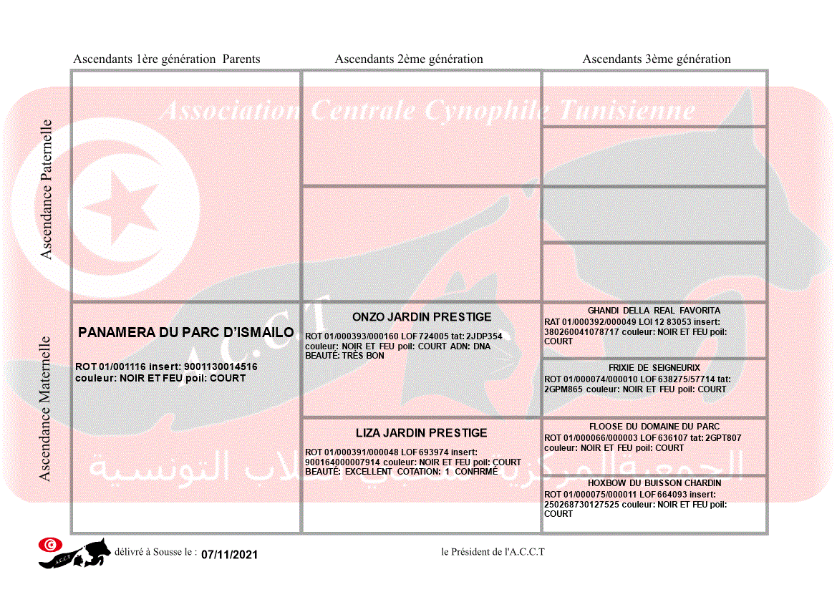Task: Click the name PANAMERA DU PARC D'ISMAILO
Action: coord(185,333)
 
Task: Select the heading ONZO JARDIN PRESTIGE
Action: coord(422,317)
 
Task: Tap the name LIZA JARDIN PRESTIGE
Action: coord(421,433)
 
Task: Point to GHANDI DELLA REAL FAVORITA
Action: coord(654,311)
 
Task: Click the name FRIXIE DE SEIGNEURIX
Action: coord(654,368)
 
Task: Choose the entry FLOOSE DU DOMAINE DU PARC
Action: coord(654,427)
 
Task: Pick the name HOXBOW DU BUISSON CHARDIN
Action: coord(654,483)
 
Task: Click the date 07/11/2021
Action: coord(229,555)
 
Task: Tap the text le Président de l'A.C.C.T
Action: coord(493,552)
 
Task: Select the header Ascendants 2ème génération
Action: coord(409,59)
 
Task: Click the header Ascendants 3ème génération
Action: coord(657,59)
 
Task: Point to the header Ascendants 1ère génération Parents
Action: coord(167,59)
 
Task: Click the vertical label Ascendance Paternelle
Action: coord(47,189)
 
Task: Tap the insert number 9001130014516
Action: coord(221,367)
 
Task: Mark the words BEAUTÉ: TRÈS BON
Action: coord(344,356)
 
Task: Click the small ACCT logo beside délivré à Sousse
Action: coord(75,553)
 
